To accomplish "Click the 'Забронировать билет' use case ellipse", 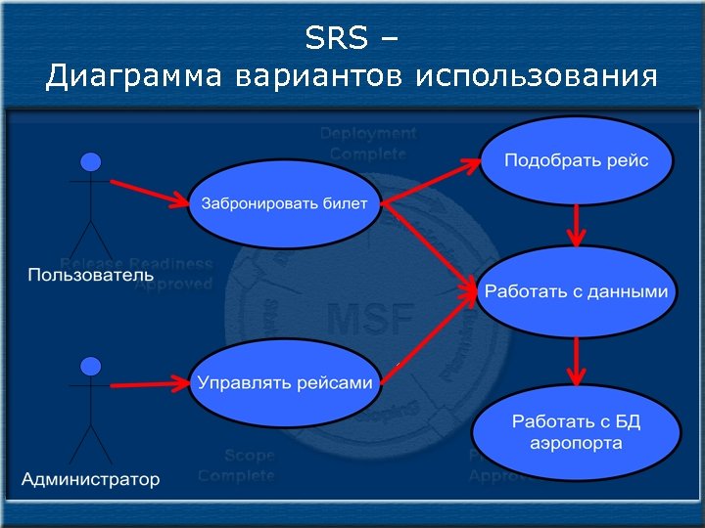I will [284, 204].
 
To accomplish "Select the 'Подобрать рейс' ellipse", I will [576, 160].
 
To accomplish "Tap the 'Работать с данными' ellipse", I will [576, 292].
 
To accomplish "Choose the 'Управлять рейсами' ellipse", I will [285, 382].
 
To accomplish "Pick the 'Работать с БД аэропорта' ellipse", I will [576, 433].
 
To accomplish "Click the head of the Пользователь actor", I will [91, 162].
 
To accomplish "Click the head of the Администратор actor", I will [91, 367].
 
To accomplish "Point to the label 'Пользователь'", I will [91, 275].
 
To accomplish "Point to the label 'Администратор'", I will [91, 479].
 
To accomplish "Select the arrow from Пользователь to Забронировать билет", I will [147, 193].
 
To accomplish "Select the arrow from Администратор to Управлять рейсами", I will [147, 382].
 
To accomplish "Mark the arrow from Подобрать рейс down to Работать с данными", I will [577, 225].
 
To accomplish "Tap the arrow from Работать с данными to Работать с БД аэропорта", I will [577, 361].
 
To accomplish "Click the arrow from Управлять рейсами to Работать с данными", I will [436, 329].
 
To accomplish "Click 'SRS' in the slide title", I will [336, 39].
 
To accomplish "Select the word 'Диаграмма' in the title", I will [133, 76].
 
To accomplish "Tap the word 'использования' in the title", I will [536, 76].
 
